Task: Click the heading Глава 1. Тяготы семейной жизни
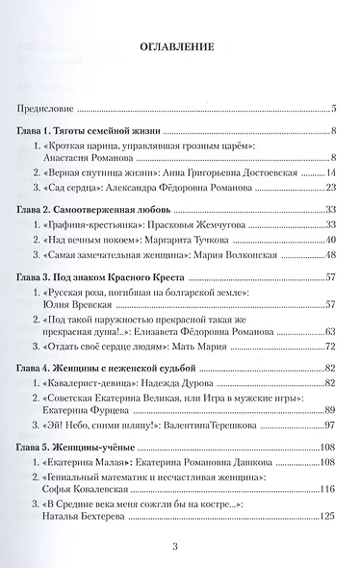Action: [90, 130]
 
